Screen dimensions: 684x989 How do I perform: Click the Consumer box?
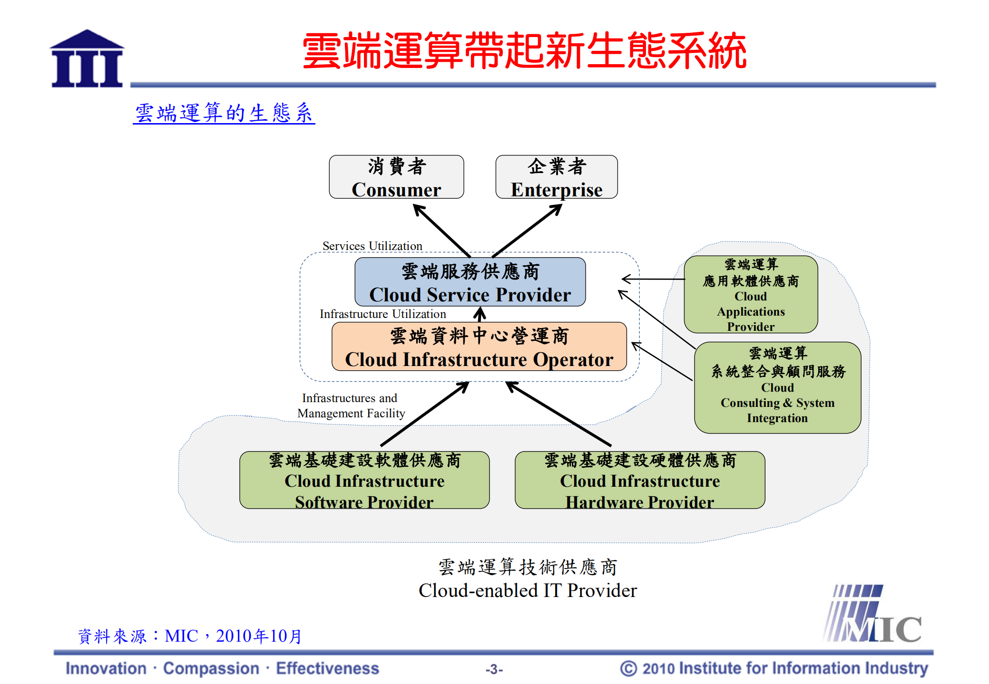[396, 177]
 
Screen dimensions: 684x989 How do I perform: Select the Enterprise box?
[556, 177]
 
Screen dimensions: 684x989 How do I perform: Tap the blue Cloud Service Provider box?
[470, 282]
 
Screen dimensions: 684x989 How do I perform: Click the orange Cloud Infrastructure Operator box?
[479, 347]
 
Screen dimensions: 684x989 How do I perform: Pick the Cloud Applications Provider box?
[750, 295]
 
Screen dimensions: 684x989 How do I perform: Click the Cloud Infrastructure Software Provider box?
[364, 480]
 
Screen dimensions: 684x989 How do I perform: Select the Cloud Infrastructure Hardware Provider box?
[639, 480]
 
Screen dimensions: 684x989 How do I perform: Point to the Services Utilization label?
[372, 246]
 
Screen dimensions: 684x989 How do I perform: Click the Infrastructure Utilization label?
[382, 314]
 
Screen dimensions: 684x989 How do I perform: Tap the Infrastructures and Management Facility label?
[351, 405]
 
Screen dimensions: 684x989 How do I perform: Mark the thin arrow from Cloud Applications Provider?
[654, 279]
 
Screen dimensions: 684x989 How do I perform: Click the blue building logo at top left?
[87, 59]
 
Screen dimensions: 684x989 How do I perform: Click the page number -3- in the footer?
[494, 669]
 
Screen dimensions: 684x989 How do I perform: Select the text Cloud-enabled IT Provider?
[527, 590]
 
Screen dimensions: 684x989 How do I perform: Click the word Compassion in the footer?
[211, 668]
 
